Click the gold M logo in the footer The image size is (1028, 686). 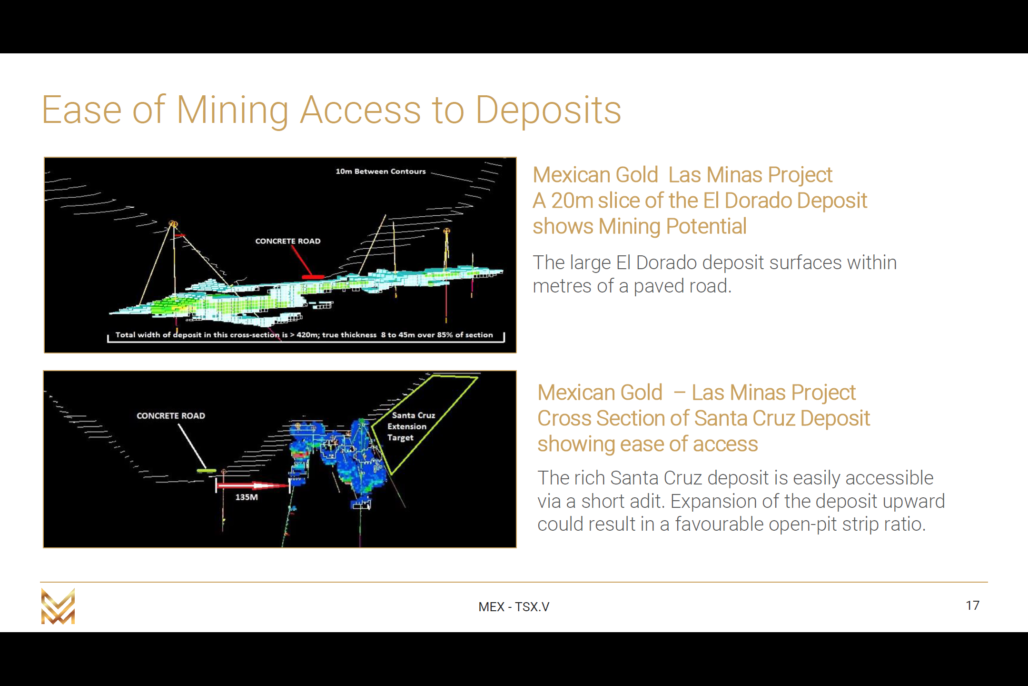click(x=58, y=606)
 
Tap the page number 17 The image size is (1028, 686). click(x=972, y=605)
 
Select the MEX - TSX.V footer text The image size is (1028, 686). click(x=514, y=606)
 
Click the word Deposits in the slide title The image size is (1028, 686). click(x=548, y=110)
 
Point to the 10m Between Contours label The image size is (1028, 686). click(x=381, y=171)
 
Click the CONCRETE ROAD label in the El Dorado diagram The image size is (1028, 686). click(x=288, y=241)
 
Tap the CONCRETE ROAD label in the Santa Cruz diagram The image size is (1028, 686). click(x=171, y=416)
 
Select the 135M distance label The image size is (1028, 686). click(x=247, y=497)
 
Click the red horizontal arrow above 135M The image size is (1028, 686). click(x=253, y=485)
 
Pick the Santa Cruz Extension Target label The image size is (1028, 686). click(x=411, y=426)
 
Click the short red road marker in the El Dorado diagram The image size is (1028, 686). click(x=313, y=277)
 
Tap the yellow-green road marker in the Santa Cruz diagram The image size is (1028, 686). click(x=207, y=471)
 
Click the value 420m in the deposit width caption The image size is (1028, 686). click(x=307, y=335)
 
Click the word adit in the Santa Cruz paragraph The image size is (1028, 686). click(x=649, y=501)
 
